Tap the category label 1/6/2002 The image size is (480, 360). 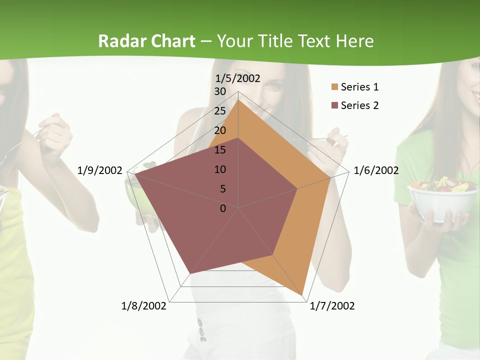(376, 170)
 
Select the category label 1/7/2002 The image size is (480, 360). (332, 306)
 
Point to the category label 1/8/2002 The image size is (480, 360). (144, 306)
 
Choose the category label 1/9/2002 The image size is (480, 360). (100, 170)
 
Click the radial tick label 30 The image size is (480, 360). (220, 91)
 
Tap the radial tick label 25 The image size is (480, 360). (220, 111)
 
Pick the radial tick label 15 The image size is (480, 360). (220, 150)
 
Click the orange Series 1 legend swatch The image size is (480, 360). (334, 87)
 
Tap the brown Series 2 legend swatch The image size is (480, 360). (334, 105)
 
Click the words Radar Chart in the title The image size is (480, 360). (146, 41)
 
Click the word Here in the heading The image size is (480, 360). (355, 41)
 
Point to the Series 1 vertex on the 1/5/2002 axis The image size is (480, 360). (238, 100)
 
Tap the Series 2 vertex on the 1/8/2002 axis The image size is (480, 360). (189, 274)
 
